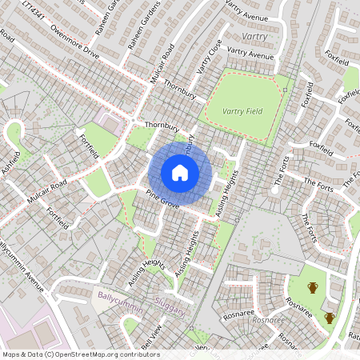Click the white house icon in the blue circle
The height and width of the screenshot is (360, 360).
(x=180, y=173)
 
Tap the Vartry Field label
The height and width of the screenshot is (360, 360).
(x=243, y=110)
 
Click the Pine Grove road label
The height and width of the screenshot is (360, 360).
(x=162, y=199)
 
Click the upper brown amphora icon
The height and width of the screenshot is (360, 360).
(x=313, y=288)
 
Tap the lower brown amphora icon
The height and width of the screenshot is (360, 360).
(x=329, y=318)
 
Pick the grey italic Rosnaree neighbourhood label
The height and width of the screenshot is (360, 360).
(x=268, y=318)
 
